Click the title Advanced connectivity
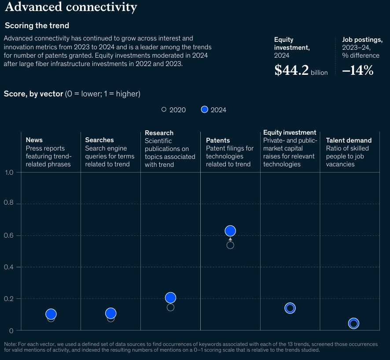(71, 7)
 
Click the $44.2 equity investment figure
(291, 70)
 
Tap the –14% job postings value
(357, 70)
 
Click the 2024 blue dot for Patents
(230, 231)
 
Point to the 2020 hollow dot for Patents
(230, 245)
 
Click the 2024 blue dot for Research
(170, 298)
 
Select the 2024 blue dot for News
(51, 314)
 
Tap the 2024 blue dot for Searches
(111, 313)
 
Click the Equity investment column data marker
(290, 308)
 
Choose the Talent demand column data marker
(353, 324)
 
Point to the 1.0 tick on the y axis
(9, 172)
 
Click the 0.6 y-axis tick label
(9, 235)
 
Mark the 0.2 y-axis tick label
(9, 299)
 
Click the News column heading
(34, 140)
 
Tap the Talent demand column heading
(349, 140)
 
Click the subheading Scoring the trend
(37, 26)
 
